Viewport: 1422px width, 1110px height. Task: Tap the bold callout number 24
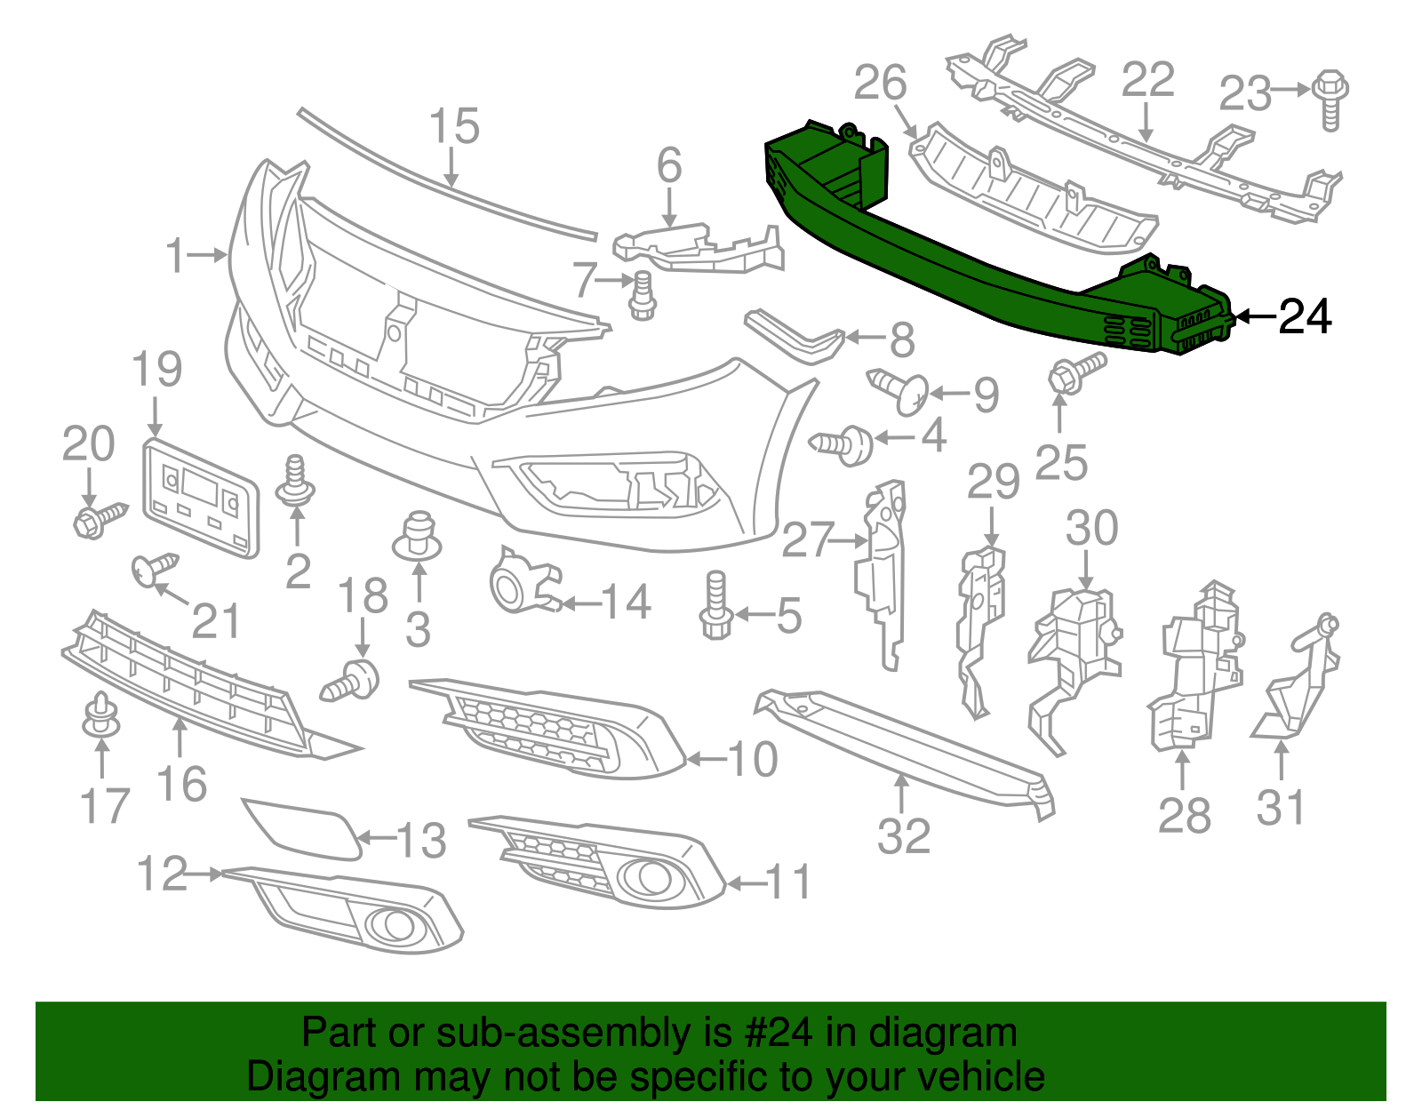1305,317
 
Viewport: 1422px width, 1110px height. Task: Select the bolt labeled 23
1330,100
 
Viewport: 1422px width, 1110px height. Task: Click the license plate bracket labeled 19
201,498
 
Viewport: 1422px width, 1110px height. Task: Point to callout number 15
454,127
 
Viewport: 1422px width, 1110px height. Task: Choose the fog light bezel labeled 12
355,911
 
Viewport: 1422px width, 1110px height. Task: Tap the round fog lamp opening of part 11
647,878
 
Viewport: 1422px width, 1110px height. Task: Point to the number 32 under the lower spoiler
903,836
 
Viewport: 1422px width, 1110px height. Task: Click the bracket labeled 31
1298,684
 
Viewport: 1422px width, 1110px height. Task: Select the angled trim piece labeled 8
795,335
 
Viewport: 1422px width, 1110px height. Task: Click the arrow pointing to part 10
707,759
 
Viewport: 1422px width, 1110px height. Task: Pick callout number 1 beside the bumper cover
176,256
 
